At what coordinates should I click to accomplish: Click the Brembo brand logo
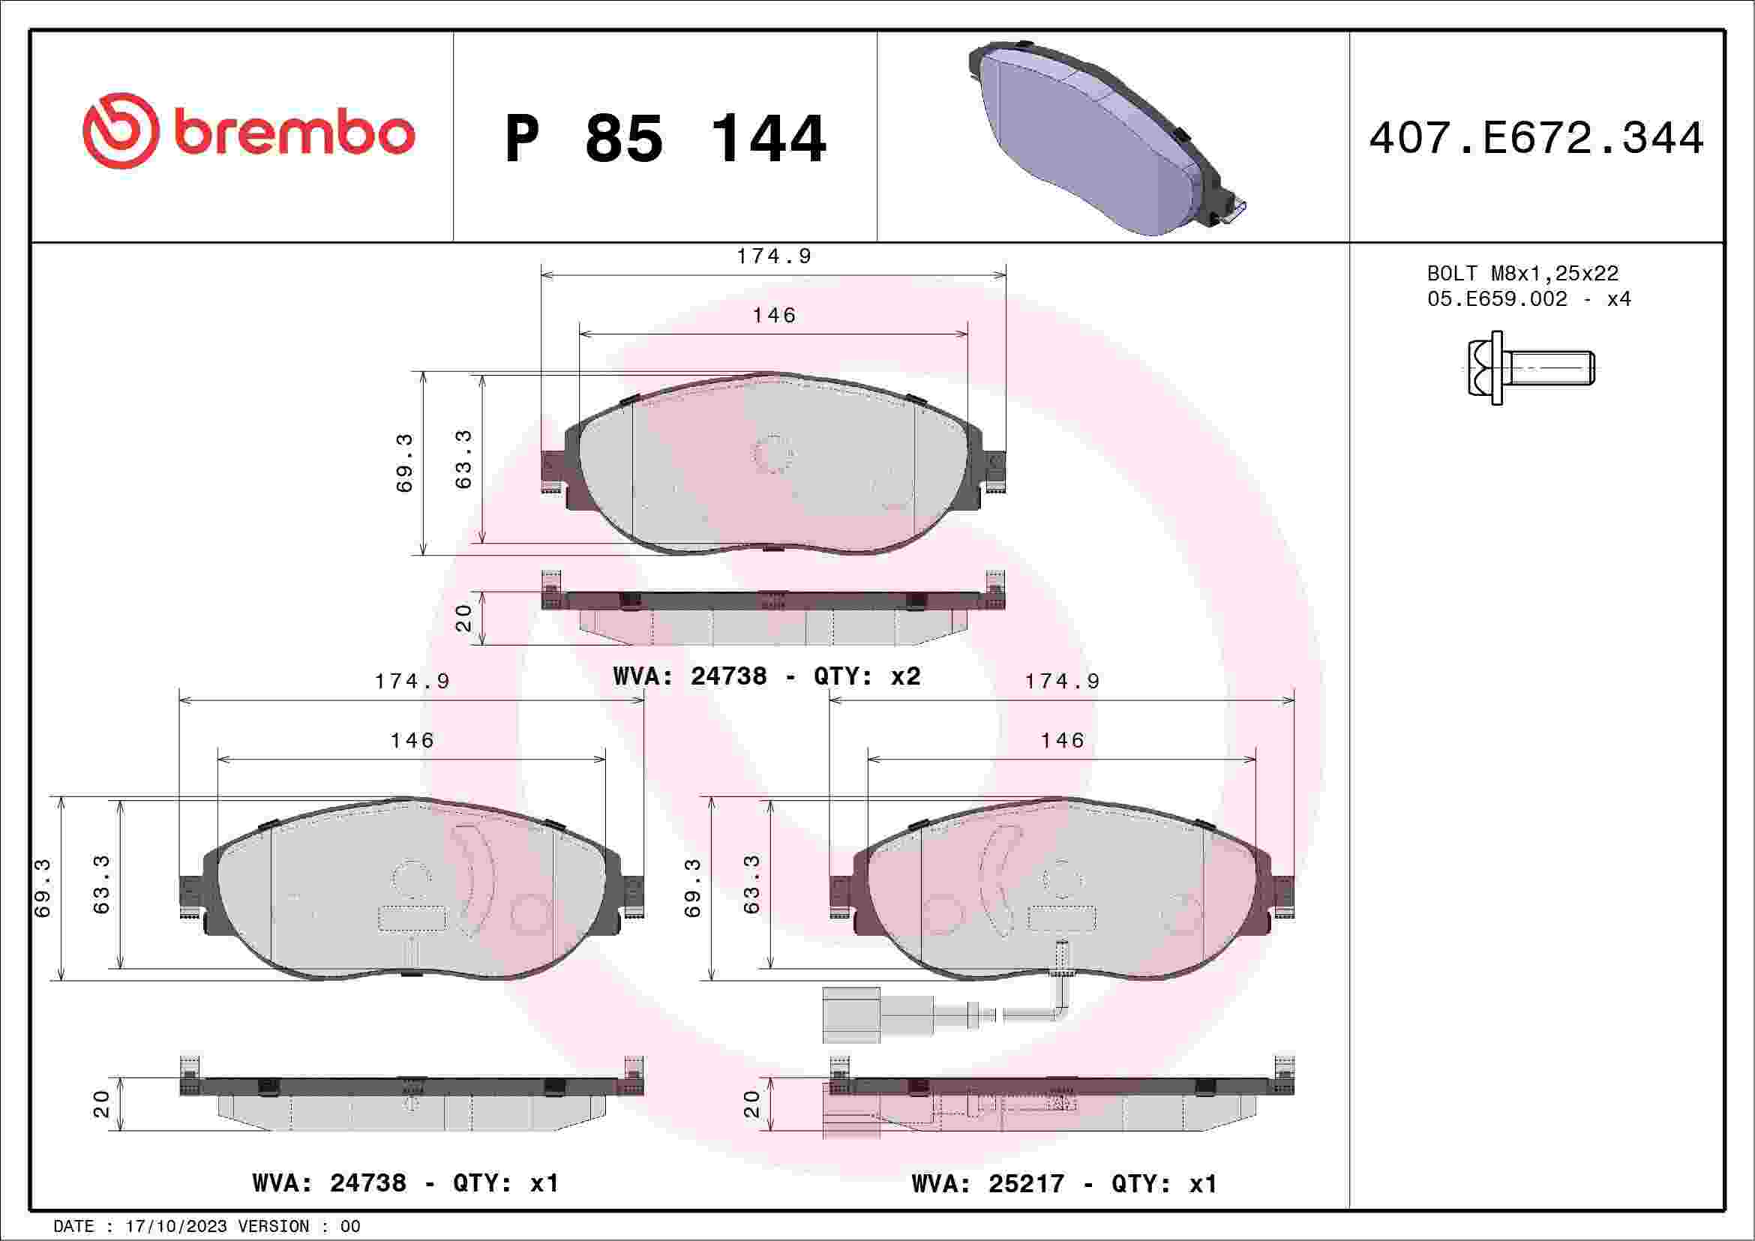[248, 130]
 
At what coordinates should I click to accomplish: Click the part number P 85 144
[666, 139]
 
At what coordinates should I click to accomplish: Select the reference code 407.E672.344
[1537, 138]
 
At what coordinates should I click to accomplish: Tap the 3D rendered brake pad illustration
[1108, 137]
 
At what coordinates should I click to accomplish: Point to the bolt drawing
[1530, 367]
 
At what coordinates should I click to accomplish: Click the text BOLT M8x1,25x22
[1522, 273]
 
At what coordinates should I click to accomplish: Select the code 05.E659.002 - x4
[1528, 298]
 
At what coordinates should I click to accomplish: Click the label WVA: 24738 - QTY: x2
[766, 676]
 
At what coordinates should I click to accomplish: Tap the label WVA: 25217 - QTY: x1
[1064, 1184]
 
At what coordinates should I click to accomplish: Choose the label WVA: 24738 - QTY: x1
[406, 1183]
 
